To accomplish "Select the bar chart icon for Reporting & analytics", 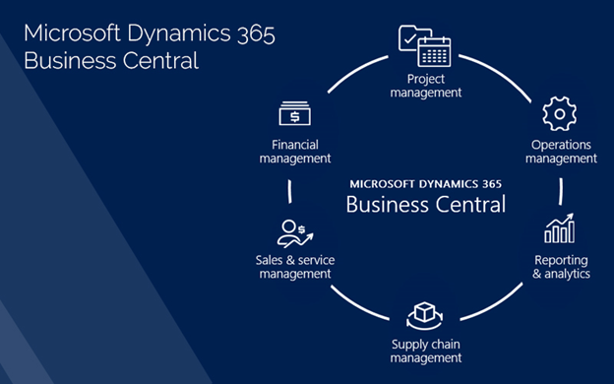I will (560, 229).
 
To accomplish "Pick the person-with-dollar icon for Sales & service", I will (293, 233).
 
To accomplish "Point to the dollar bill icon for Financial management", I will (294, 114).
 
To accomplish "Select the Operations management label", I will (561, 152).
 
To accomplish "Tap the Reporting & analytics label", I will (561, 267).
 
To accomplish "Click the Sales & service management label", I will (294, 267).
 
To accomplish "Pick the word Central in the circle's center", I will (470, 205).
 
